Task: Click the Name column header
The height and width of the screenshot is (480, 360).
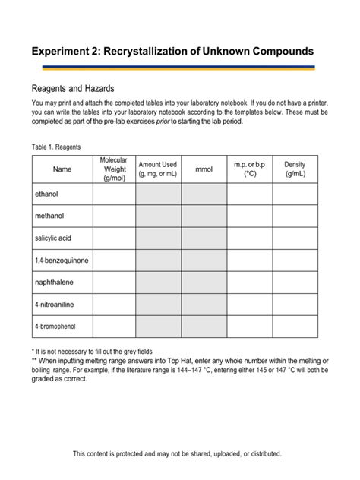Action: coord(62,169)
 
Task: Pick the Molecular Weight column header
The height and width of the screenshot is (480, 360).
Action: coord(114,169)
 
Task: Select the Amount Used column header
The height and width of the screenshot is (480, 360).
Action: coord(158,169)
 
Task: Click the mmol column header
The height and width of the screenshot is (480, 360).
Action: coord(204,169)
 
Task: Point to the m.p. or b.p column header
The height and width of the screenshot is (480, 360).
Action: coord(249,169)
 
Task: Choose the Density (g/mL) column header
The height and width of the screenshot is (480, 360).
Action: coord(295,169)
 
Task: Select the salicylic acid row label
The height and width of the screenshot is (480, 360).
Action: coord(52,238)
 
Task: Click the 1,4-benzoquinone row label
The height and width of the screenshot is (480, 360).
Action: coord(62,261)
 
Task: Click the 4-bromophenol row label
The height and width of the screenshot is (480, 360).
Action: coord(55,327)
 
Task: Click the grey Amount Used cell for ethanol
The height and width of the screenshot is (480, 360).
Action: coord(158,194)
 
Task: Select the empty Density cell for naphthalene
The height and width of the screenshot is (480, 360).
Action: coord(295,283)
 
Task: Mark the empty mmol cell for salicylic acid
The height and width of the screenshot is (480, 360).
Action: coord(204,238)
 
